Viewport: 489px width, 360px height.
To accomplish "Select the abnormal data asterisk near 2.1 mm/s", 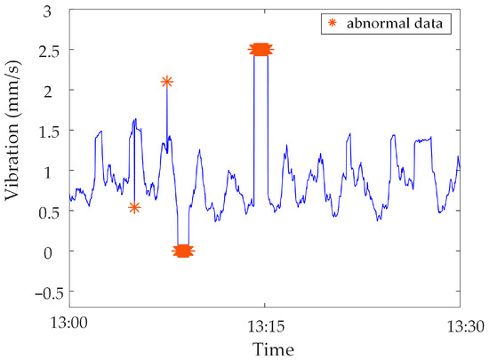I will [166, 82].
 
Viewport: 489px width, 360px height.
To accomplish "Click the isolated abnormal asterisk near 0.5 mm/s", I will [134, 207].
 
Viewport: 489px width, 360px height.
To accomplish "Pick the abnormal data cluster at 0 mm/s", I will [183, 251].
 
